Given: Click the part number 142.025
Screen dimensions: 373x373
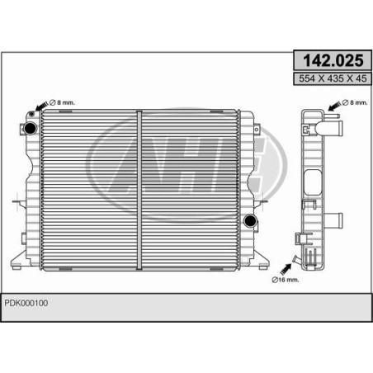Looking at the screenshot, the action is coord(333,60).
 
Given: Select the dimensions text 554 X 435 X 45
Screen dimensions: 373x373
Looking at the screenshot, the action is coord(333,78).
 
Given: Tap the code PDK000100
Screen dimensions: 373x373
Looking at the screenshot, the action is coord(26,303).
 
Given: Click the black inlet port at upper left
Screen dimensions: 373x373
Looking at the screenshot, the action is coord(31,128).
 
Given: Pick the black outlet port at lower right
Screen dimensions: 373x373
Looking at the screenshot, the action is coord(250,220).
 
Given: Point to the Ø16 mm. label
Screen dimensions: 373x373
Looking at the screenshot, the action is coord(286,280).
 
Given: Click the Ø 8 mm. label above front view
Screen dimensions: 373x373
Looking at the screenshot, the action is coord(62,102).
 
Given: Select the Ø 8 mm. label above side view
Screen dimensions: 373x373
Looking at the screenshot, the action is coord(355,102).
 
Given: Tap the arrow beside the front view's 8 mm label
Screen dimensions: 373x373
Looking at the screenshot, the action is coord(42,106).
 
